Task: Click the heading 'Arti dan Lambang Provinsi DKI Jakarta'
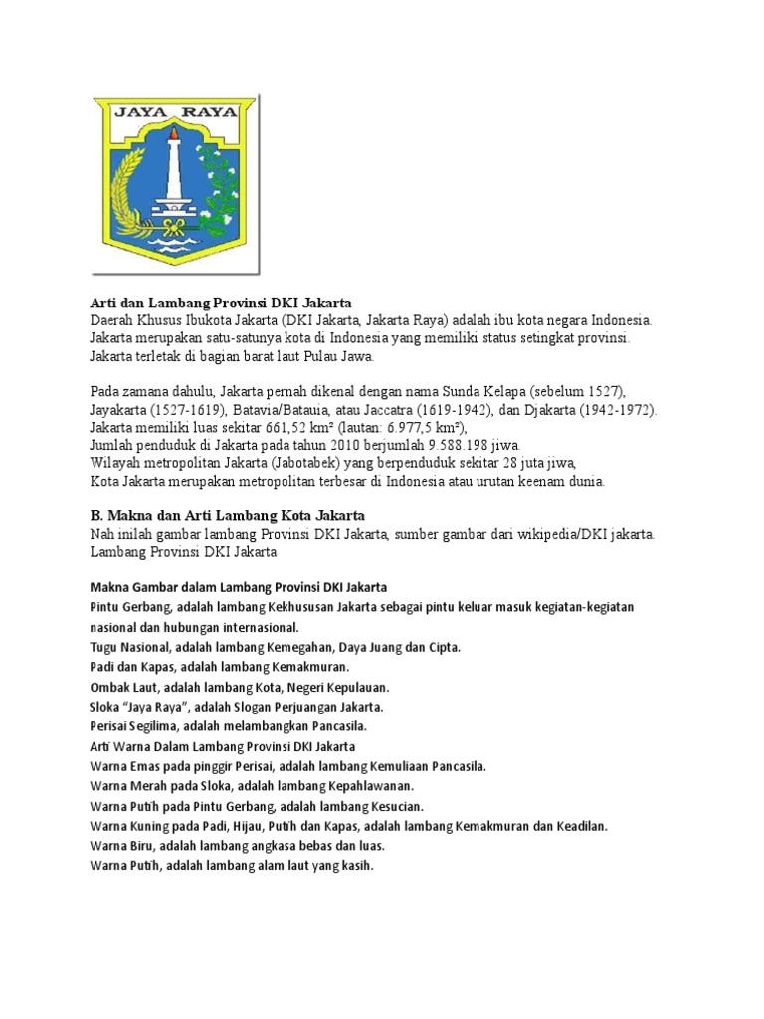221,303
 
